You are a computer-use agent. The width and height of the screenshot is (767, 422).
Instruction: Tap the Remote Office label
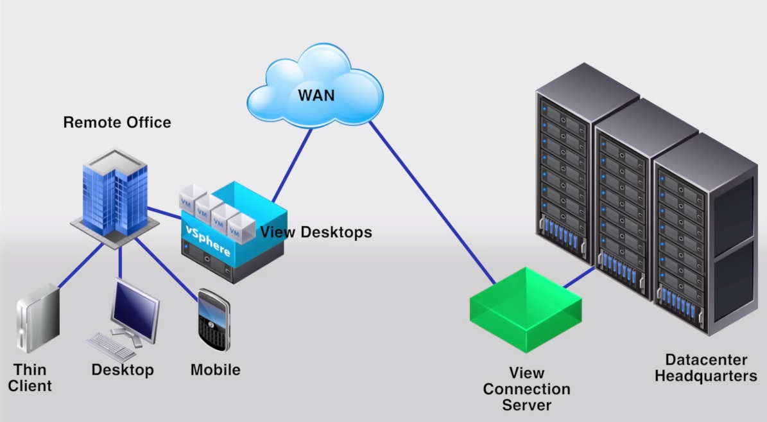117,122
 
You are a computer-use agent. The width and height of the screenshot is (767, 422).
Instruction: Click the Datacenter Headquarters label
706,368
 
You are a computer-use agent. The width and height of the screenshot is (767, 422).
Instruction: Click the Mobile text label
215,370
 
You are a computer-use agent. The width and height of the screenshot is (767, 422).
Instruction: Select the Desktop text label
123,370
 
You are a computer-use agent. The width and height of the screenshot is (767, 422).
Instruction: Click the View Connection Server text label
526,389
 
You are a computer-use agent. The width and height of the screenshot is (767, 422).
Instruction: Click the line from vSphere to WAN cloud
292,164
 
